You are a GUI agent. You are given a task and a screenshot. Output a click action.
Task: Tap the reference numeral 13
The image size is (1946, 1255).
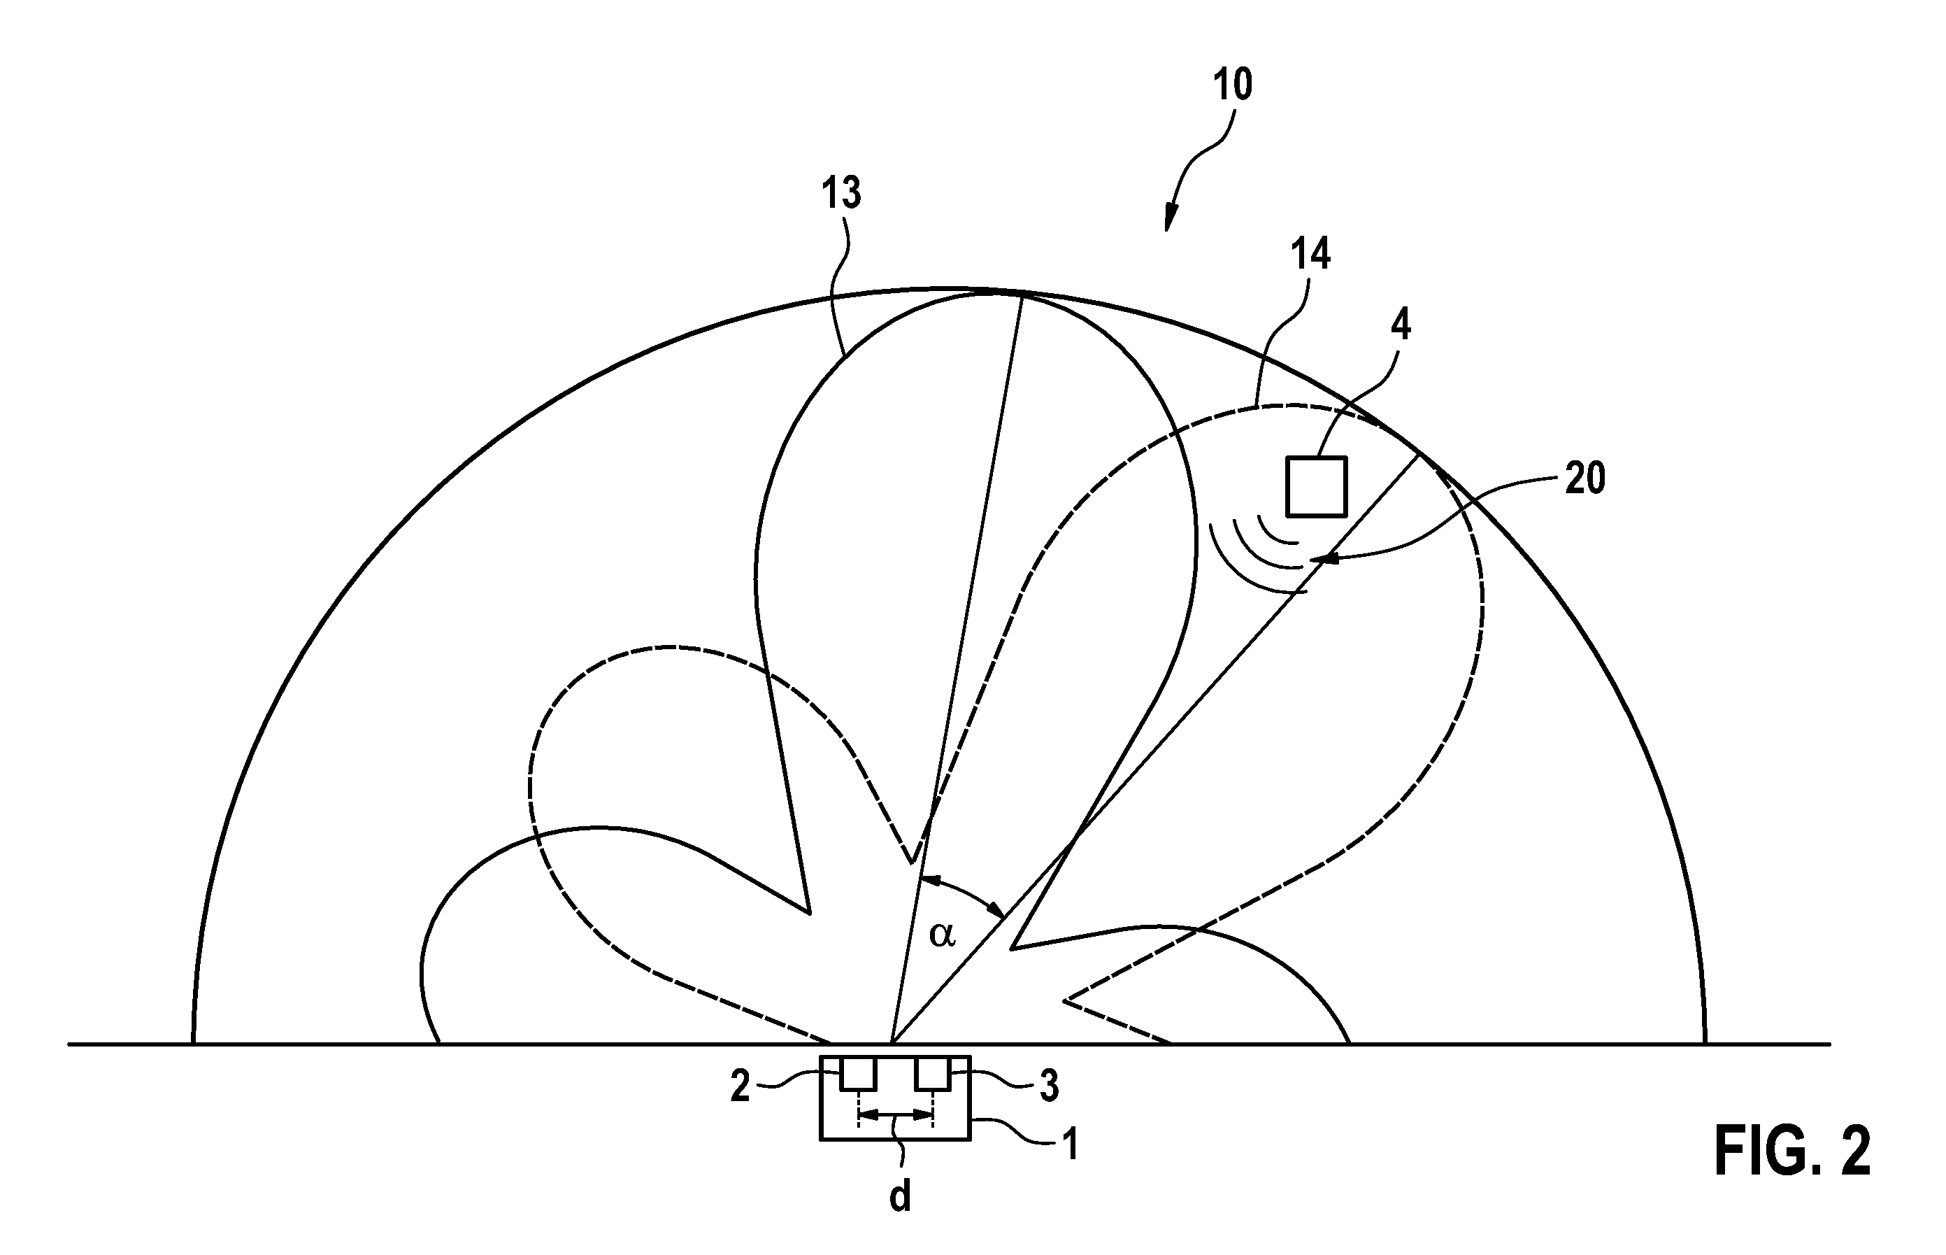pyautogui.click(x=840, y=194)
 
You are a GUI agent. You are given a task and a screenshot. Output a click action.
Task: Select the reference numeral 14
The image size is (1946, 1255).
pyautogui.click(x=1310, y=253)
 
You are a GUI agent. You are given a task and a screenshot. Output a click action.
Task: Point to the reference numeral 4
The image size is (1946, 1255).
pyautogui.click(x=1401, y=325)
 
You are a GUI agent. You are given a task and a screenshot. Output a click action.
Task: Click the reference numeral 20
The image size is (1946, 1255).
pyautogui.click(x=1584, y=478)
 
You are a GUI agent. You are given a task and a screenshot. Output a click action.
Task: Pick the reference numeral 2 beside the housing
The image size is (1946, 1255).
pyautogui.click(x=740, y=1086)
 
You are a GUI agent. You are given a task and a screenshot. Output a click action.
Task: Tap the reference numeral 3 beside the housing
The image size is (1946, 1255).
pyautogui.click(x=1049, y=1086)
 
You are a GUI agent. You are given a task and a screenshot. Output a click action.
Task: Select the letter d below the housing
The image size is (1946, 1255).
pyautogui.click(x=899, y=1197)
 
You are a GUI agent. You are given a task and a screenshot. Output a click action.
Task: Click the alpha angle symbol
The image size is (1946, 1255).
pyautogui.click(x=942, y=935)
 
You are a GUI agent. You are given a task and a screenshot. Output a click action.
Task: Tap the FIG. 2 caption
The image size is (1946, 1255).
pyautogui.click(x=1792, y=1151)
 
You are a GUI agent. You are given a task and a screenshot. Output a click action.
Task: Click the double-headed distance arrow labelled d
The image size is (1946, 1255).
pyautogui.click(x=895, y=1114)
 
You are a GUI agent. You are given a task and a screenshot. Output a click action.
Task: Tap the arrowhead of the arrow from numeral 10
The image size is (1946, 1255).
pyautogui.click(x=1170, y=218)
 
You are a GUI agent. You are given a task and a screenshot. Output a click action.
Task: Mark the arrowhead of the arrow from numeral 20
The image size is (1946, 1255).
pyautogui.click(x=1323, y=559)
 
